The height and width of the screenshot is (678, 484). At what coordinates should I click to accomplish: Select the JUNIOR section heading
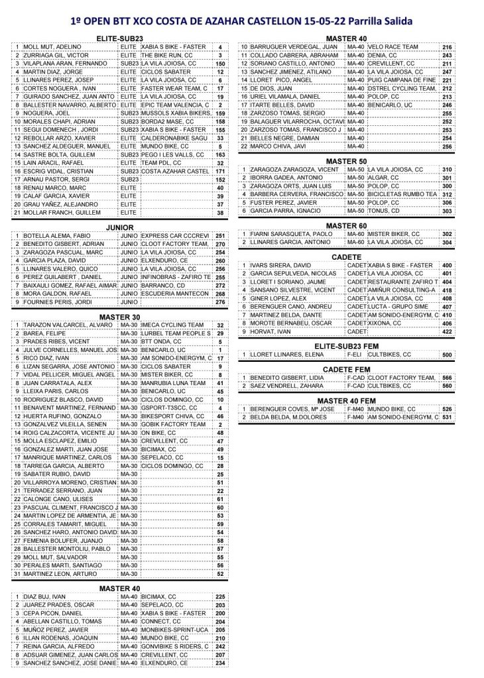(x=120, y=227)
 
